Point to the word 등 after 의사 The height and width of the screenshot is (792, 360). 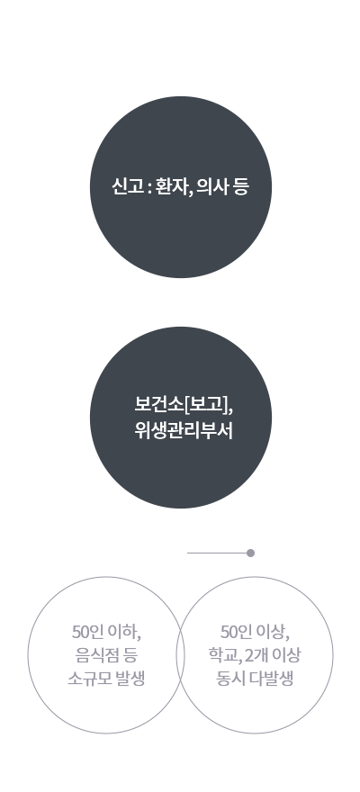click(x=241, y=187)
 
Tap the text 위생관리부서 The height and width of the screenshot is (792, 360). click(x=184, y=431)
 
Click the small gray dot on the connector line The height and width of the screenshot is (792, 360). click(x=250, y=553)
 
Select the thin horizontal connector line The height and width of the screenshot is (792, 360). click(x=217, y=553)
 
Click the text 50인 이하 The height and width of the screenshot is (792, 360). click(x=105, y=632)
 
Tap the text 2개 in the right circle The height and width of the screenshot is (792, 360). click(x=256, y=655)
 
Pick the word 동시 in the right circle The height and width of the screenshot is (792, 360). click(x=230, y=679)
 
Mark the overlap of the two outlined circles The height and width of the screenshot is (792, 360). click(x=180, y=655)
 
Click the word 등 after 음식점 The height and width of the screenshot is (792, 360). click(x=130, y=655)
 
